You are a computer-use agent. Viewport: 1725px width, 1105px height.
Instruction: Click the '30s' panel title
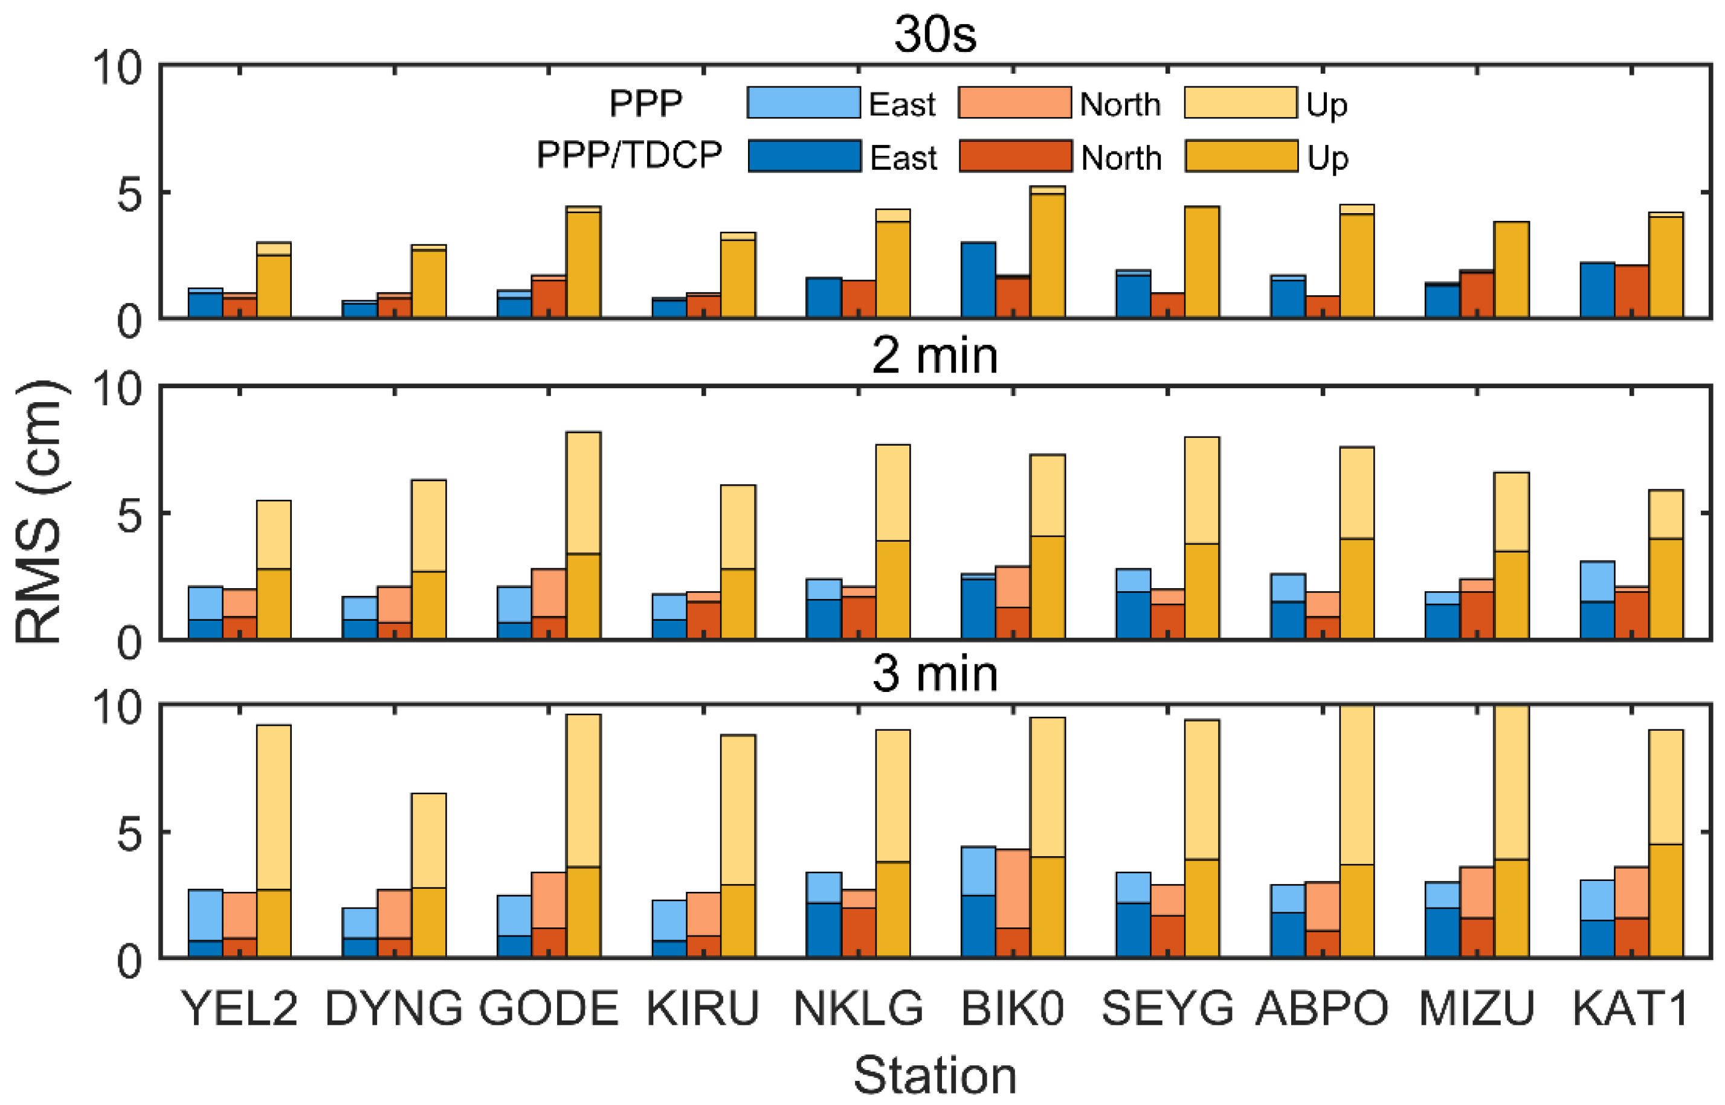coord(935,34)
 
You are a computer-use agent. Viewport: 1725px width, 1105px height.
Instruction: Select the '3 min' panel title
coord(935,674)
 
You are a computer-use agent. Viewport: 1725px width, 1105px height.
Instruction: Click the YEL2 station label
coord(239,1009)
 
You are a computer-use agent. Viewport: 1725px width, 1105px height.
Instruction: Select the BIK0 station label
coord(1012,1009)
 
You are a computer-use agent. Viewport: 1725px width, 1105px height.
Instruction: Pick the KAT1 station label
coord(1630,1009)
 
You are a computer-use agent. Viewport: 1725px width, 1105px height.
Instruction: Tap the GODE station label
coord(549,1009)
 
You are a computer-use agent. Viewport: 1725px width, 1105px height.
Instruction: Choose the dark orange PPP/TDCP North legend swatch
coord(1015,156)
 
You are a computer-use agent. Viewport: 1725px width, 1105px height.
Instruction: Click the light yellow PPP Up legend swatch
coord(1240,103)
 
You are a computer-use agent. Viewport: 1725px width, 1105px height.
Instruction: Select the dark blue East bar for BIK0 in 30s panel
coord(978,280)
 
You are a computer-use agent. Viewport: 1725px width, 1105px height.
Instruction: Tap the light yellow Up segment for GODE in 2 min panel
coord(583,492)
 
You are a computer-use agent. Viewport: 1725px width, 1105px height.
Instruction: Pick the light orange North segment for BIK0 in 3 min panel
coord(1012,888)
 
